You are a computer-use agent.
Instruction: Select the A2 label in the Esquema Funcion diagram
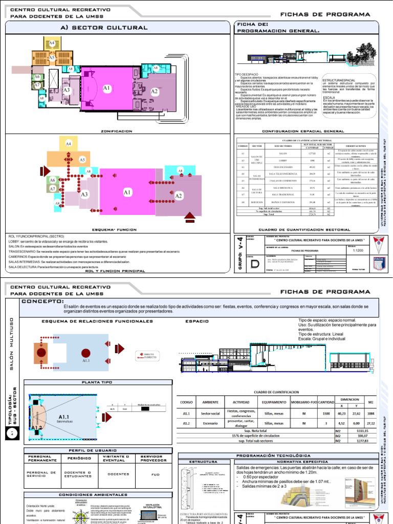click(179, 196)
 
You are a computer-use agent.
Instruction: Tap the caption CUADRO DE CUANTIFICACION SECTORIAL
click(297, 229)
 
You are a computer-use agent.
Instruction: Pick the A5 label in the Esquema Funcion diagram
click(82, 160)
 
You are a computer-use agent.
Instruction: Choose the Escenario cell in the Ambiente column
click(210, 423)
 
